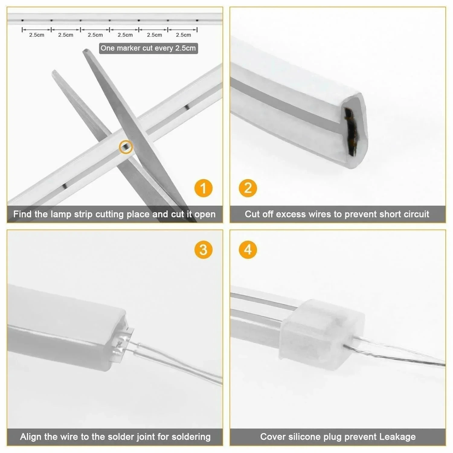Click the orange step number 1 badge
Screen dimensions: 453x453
point(203,188)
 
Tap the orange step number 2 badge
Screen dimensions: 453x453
point(248,188)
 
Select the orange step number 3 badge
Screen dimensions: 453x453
point(203,250)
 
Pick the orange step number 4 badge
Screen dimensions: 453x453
point(248,250)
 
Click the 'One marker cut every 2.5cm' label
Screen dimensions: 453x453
point(148,48)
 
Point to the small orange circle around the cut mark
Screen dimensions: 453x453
point(126,147)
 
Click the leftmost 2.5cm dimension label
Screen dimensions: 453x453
point(37,35)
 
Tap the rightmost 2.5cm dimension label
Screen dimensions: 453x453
point(183,35)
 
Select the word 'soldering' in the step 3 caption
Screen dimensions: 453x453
point(191,437)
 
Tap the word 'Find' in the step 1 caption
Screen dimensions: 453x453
point(22,214)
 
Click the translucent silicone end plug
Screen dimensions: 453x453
point(322,334)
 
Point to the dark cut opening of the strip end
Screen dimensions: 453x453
point(350,130)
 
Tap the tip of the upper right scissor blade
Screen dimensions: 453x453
point(86,51)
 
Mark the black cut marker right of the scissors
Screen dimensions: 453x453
point(187,107)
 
